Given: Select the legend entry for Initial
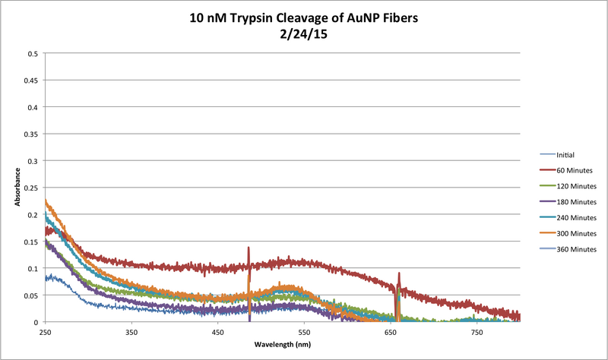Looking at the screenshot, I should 566,154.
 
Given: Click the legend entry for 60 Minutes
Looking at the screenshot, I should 574,170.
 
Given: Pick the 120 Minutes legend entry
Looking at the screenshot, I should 575,186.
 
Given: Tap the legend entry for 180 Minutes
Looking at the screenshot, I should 575,202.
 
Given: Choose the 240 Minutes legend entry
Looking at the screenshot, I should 575,217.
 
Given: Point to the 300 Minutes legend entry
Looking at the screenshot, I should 575,233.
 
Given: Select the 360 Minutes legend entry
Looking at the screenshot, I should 575,249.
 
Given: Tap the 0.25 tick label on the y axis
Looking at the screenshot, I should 31,188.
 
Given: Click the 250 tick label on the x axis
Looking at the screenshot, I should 46,333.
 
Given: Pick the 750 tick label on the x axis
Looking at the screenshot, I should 477,333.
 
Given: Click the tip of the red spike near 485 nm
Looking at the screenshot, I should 249,248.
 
